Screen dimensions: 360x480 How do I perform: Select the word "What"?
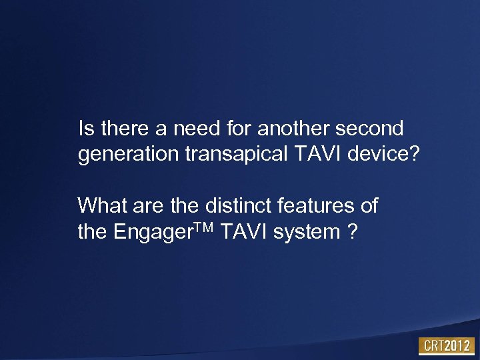(100, 205)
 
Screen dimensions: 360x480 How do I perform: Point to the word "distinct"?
(231, 205)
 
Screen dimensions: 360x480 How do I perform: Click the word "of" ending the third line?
(369, 205)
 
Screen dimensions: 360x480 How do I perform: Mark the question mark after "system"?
(351, 233)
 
